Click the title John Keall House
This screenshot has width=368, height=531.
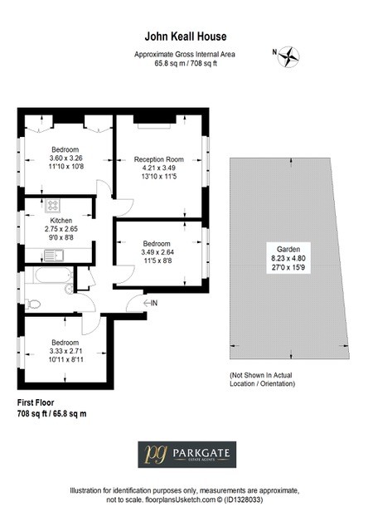[x=186, y=37]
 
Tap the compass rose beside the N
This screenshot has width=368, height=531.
[x=288, y=56]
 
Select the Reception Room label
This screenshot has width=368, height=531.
[x=158, y=159]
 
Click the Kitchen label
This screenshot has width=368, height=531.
[x=61, y=220]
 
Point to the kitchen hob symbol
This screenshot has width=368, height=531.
[x=53, y=205]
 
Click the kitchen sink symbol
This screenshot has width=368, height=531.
[x=53, y=256]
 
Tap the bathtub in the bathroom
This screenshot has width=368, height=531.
[x=53, y=275]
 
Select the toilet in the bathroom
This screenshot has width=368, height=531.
[x=33, y=304]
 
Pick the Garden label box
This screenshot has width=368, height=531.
[x=288, y=258]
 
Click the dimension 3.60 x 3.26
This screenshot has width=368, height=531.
[x=66, y=158]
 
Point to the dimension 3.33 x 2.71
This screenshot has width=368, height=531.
[x=65, y=351]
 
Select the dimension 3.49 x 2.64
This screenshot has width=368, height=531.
[x=157, y=252]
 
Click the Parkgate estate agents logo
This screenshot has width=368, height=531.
[x=187, y=455]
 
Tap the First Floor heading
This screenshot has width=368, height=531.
[x=36, y=402]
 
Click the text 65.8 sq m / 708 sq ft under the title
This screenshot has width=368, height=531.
[x=186, y=63]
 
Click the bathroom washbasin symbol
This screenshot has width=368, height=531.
[x=69, y=289]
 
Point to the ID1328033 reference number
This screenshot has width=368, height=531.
[x=243, y=499]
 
